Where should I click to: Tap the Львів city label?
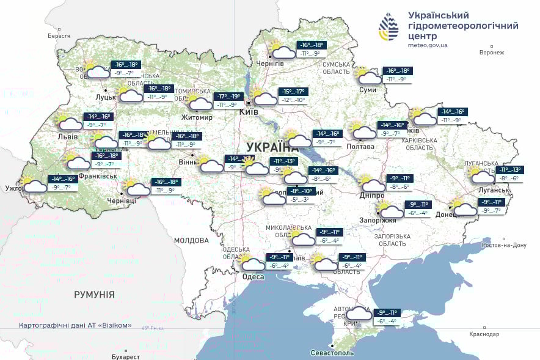pos(67,136)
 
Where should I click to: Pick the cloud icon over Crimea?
pos(359,314)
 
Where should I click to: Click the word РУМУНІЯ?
pos(94,295)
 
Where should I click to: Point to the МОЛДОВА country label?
pos(191,240)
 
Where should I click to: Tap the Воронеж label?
pos(492,53)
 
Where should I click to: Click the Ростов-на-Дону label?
pos(504,245)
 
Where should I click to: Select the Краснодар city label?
pos(484,334)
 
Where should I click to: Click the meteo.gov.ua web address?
pos(428,45)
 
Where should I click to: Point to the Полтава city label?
pos(360,146)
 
